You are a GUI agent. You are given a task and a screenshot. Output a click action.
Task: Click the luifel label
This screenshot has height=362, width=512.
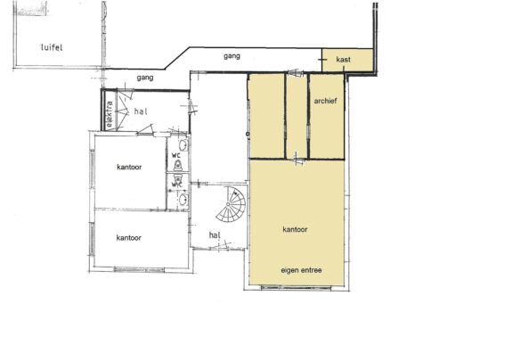[x=52, y=47]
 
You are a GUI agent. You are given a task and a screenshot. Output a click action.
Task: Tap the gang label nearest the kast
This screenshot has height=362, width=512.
[x=232, y=56]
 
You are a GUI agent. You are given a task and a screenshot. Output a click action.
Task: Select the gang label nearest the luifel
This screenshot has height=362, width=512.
[x=145, y=78]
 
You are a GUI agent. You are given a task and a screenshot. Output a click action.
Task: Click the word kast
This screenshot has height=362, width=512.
[x=343, y=60]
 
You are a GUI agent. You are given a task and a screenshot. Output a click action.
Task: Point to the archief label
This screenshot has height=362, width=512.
[x=325, y=101]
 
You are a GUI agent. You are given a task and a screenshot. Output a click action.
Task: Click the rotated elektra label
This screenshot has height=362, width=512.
[x=110, y=114]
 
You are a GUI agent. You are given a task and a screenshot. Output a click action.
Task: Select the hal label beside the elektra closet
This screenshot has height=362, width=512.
[x=141, y=111]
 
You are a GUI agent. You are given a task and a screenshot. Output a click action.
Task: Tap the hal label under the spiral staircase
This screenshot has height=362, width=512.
[x=215, y=235]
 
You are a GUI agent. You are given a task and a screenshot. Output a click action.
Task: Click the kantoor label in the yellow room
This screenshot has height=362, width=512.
[x=295, y=229]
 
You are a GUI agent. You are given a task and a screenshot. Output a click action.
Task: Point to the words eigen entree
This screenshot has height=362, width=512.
[x=301, y=270]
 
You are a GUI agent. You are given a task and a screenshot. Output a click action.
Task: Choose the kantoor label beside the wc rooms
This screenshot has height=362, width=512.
[x=129, y=167]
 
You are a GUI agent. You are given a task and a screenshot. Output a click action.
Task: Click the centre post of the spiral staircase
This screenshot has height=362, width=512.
[x=228, y=204]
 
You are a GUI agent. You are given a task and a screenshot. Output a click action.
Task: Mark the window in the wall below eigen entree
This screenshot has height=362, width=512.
[x=296, y=288]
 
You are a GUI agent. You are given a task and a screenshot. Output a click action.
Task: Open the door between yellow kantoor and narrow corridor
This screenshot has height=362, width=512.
[x=297, y=159]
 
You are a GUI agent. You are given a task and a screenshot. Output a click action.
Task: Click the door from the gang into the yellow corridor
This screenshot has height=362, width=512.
[x=296, y=73]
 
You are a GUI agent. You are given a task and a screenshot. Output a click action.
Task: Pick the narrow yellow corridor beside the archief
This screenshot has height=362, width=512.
[x=297, y=116]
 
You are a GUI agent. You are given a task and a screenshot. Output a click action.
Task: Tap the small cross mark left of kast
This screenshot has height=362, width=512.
[x=322, y=60]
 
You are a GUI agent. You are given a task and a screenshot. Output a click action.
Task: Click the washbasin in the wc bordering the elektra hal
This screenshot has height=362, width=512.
[x=183, y=144]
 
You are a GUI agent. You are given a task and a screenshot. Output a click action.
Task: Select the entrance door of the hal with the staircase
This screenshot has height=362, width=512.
[x=219, y=247]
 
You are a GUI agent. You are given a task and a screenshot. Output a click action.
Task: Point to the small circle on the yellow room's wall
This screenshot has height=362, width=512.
[x=248, y=134]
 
